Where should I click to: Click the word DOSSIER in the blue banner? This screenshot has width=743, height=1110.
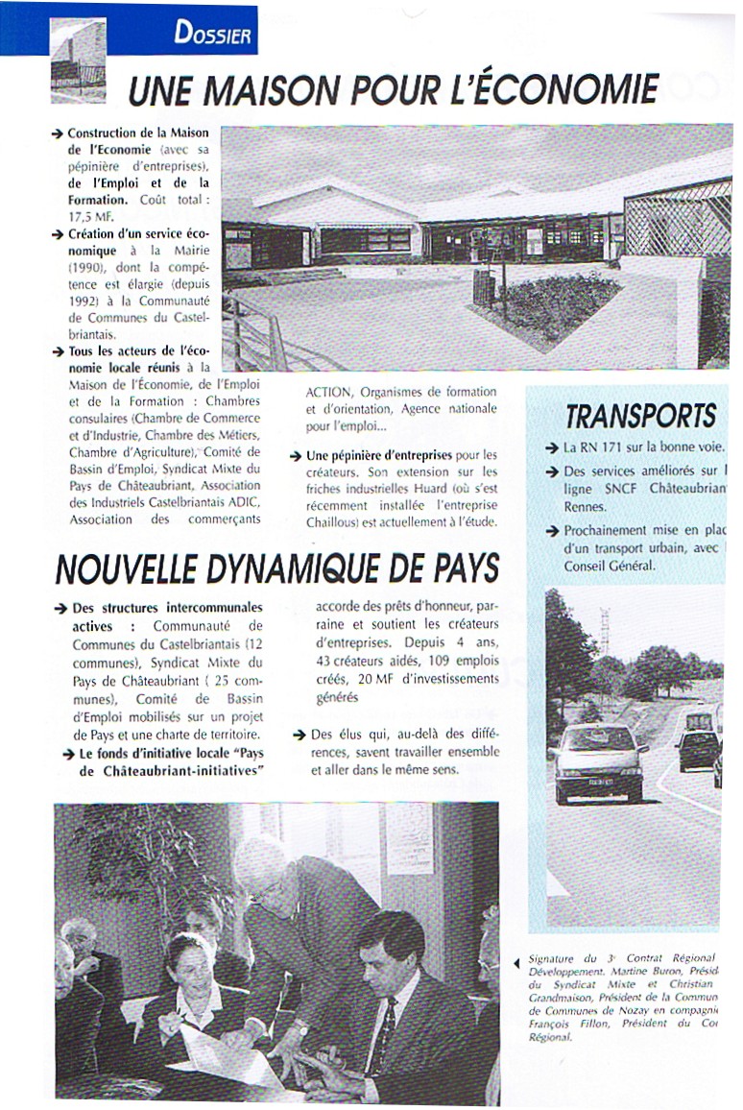[213, 36]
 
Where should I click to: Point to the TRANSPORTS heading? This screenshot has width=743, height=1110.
[640, 417]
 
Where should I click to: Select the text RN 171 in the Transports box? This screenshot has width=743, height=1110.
[599, 448]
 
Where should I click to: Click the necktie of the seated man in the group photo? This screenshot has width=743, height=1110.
[382, 1038]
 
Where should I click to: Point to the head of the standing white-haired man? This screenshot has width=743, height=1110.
[261, 865]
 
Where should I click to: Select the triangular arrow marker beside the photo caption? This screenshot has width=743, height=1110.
[518, 960]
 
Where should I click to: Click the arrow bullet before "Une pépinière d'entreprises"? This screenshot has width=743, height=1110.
[297, 456]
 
